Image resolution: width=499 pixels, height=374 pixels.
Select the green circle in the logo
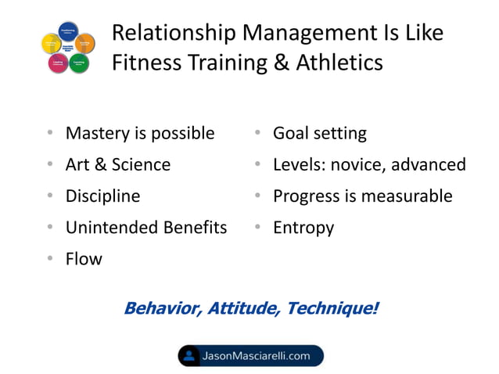tap(79, 63)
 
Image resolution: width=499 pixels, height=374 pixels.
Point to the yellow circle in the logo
tap(50, 44)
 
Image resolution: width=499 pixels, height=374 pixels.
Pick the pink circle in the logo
tap(57, 63)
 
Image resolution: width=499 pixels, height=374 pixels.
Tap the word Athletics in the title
tap(336, 62)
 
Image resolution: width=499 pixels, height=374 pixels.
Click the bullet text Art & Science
tap(117, 165)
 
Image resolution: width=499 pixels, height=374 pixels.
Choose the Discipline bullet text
tap(102, 196)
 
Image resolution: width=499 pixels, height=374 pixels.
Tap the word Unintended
tap(112, 228)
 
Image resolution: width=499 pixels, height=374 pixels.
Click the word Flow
tap(84, 259)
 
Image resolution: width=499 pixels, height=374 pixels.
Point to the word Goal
tap(291, 134)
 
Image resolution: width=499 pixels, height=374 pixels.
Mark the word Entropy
tap(303, 228)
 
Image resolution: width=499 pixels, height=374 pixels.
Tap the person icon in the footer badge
tap(188, 356)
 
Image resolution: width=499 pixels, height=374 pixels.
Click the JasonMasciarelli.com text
tap(257, 356)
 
